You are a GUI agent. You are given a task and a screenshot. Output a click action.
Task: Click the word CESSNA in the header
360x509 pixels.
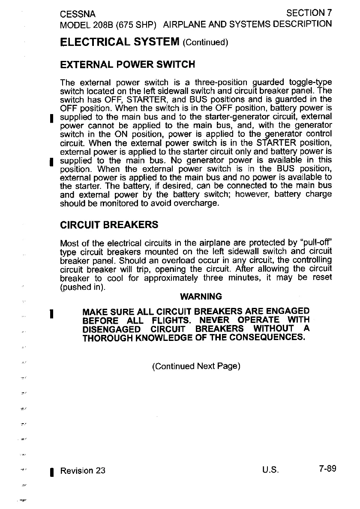[x=78, y=14]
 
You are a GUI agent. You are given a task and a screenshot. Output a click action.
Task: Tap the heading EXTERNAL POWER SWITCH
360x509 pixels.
[x=128, y=65]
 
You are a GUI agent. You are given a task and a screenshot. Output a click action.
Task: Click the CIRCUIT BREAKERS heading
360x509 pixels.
[x=109, y=224]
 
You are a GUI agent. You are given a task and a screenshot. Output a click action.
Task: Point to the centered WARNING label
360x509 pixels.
[x=201, y=296]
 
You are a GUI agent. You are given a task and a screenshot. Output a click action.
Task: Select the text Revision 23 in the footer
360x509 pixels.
[x=83, y=470]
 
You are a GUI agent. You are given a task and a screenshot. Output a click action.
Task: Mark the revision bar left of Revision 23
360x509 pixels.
[x=51, y=471]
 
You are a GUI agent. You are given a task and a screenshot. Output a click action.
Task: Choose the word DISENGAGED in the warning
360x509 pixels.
[x=111, y=329]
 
